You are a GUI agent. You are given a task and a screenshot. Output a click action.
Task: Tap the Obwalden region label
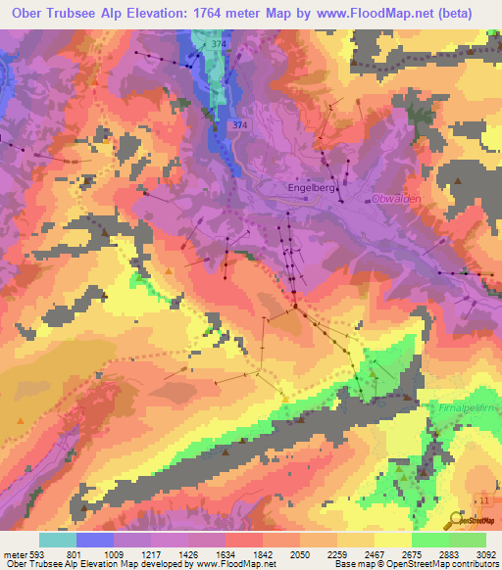(x=396, y=199)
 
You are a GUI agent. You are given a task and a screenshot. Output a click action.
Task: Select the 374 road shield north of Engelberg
(x=241, y=125)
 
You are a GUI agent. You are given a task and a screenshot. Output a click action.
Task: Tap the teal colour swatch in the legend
(x=57, y=540)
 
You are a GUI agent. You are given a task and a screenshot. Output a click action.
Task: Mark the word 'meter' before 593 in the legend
(x=14, y=554)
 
